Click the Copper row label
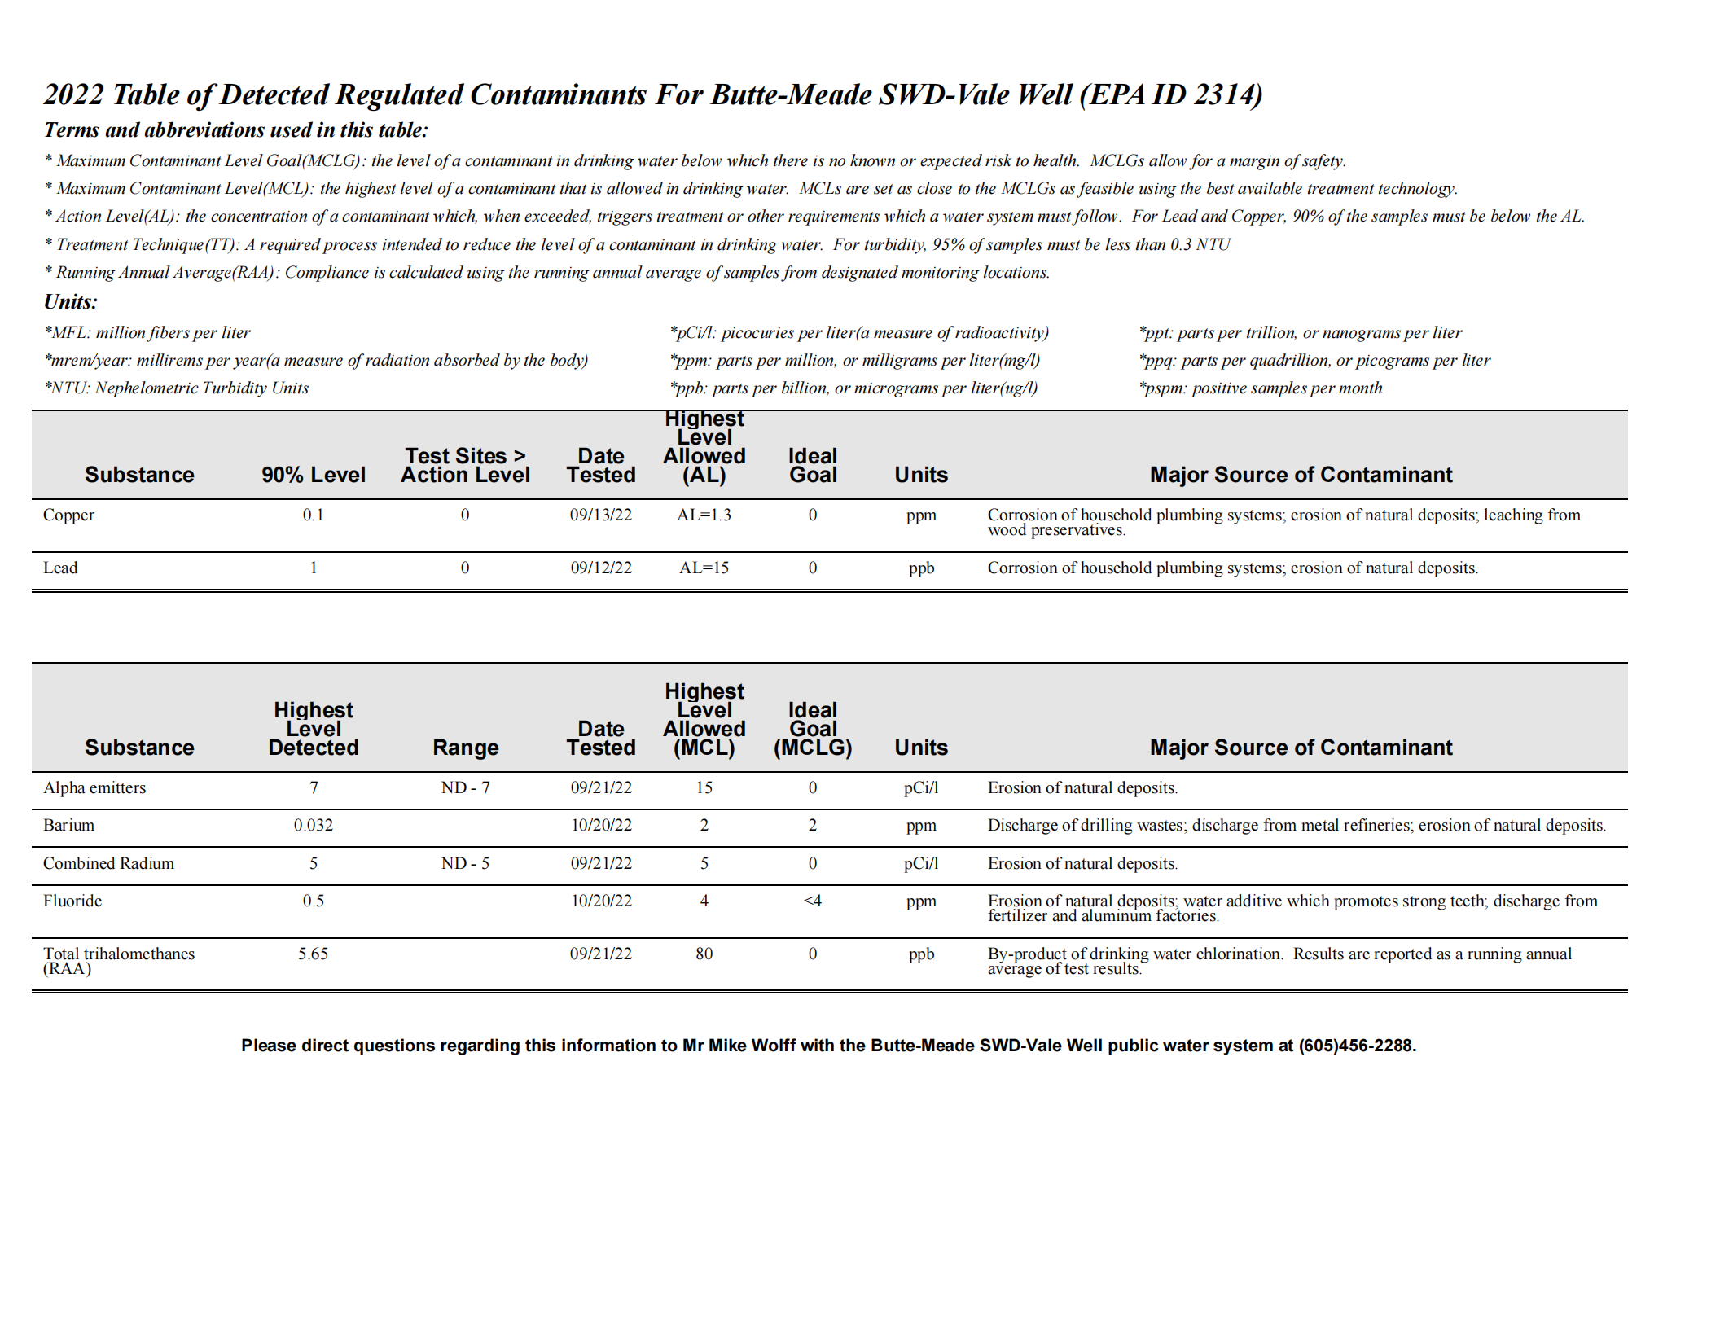(68, 515)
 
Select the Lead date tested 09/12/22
(600, 568)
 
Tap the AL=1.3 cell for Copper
(704, 515)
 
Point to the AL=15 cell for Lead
(704, 568)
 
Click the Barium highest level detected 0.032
(313, 825)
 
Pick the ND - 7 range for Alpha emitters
(465, 787)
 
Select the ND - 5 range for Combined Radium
(465, 863)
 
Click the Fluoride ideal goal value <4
(812, 901)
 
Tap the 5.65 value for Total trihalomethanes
(313, 954)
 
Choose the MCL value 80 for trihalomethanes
(704, 954)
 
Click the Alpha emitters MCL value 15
(704, 787)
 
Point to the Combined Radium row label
(108, 863)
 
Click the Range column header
(465, 747)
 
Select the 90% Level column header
(313, 475)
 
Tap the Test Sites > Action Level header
(465, 465)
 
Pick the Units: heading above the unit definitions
(71, 302)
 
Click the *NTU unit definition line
(177, 388)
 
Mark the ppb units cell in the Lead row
(921, 568)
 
